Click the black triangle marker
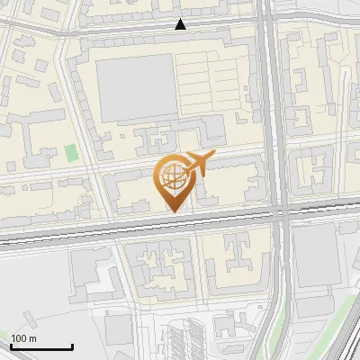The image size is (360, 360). tap(181, 25)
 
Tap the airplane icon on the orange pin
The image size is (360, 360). tap(199, 164)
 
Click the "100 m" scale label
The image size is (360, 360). tap(23, 338)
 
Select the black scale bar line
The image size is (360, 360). tap(42, 347)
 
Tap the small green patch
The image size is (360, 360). tap(71, 153)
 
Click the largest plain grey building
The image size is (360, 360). tap(135, 87)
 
